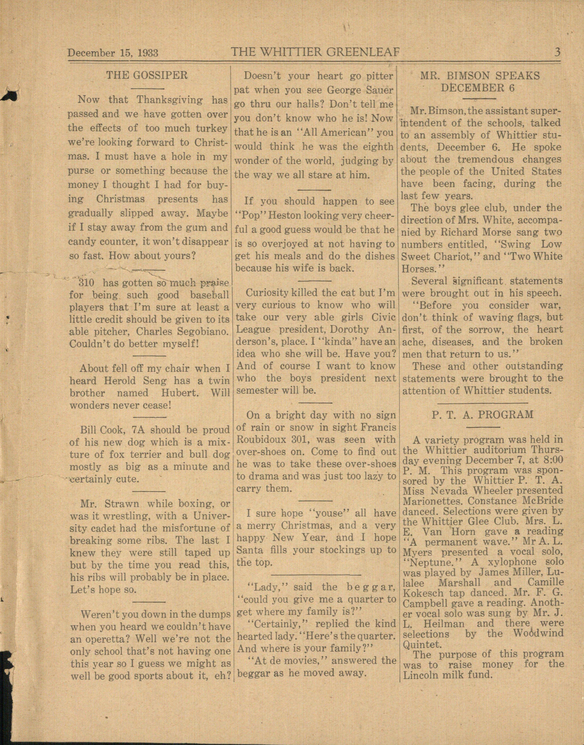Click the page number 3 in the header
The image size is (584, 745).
(557, 52)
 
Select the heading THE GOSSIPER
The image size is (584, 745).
(147, 75)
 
